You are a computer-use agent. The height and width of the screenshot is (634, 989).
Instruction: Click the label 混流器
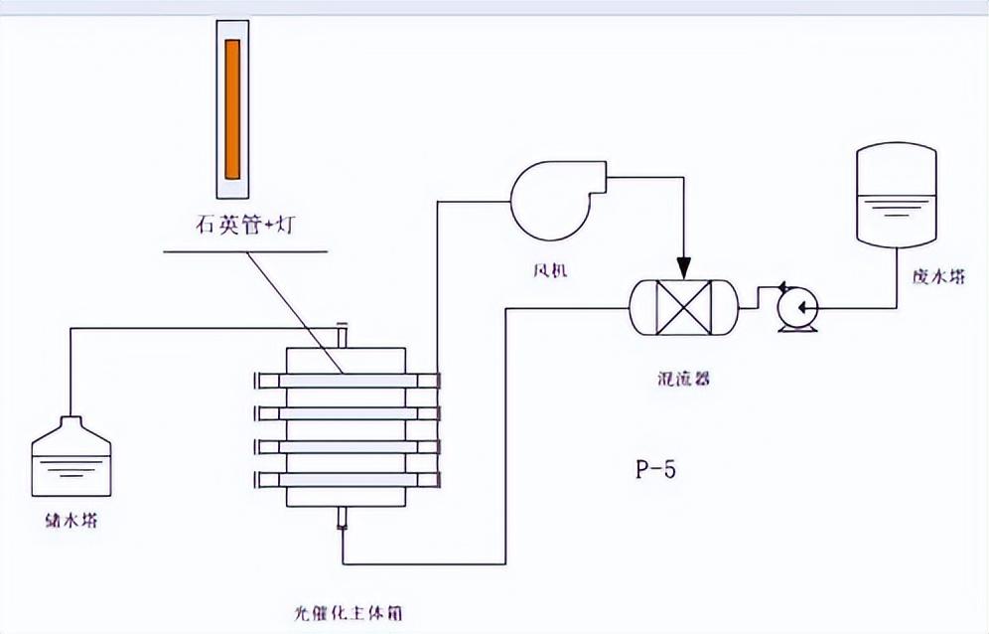[684, 379]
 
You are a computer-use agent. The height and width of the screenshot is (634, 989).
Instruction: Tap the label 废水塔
[937, 278]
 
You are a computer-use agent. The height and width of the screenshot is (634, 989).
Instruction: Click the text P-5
[655, 469]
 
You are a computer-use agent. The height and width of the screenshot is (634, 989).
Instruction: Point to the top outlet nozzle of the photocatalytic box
[343, 336]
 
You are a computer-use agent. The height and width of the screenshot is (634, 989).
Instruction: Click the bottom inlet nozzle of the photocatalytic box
[343, 519]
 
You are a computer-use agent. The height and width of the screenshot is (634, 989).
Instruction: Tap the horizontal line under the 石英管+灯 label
[244, 249]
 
